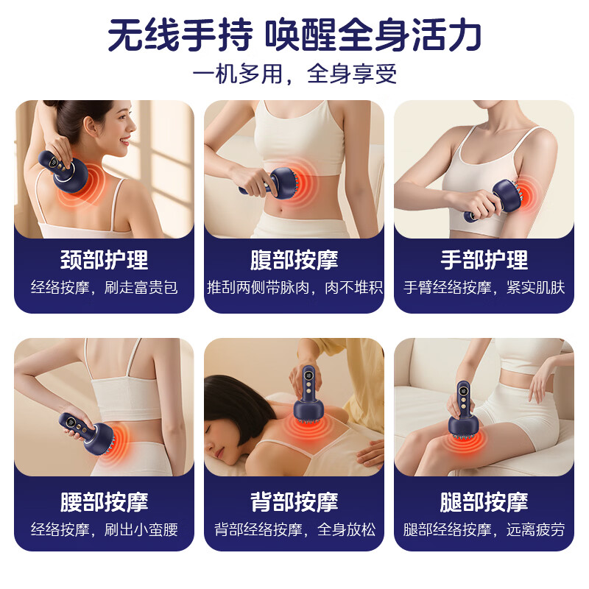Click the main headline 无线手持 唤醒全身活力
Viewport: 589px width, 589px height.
click(294, 35)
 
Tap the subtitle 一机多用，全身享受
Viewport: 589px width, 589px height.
click(294, 74)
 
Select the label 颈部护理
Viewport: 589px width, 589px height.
click(104, 260)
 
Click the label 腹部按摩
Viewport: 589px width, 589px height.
click(294, 260)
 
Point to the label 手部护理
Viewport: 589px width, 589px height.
click(484, 260)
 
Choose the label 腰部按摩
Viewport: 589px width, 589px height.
click(104, 502)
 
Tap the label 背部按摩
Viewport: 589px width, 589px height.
click(294, 502)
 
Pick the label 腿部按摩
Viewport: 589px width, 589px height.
click(484, 502)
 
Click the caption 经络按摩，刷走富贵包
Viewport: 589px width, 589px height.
click(104, 287)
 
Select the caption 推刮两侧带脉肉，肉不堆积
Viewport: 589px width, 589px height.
click(294, 287)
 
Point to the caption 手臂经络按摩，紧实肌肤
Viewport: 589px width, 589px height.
click(484, 287)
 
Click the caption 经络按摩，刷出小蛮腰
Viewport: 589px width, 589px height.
click(104, 529)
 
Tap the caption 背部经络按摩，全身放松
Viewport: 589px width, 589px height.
click(294, 529)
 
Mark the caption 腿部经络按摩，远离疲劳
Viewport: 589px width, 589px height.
click(484, 529)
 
